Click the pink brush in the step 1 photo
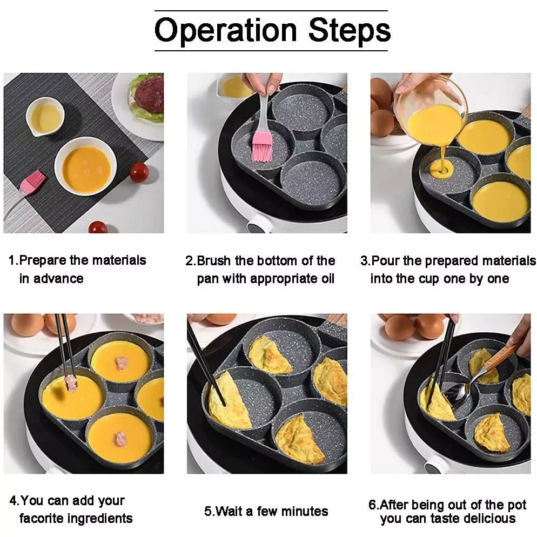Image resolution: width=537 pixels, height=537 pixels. tap(31, 182)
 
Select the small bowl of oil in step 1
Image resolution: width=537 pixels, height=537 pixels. tap(46, 117)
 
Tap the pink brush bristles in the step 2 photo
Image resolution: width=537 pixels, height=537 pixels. tap(262, 147)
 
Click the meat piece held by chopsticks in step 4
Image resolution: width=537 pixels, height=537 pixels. tap(70, 384)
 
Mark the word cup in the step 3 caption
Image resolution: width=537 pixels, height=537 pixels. tap(431, 279)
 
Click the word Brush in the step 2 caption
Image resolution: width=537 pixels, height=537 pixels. tap(214, 261)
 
